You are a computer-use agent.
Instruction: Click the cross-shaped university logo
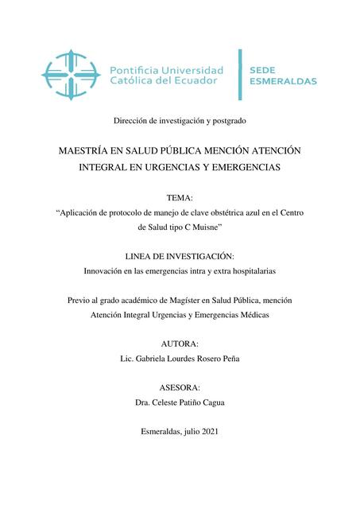coord(72,76)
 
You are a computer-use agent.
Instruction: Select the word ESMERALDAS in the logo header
coord(284,81)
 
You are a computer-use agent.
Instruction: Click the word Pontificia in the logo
coord(140,69)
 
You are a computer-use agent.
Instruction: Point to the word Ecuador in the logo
coord(200,81)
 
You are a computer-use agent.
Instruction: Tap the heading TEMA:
coord(180,196)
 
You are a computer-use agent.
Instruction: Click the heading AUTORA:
coord(180,344)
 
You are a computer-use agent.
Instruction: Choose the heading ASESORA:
coord(180,387)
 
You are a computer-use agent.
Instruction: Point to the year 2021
coord(210,431)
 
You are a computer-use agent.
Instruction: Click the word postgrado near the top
coord(226,121)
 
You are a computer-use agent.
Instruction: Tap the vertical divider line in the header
coord(241,76)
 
